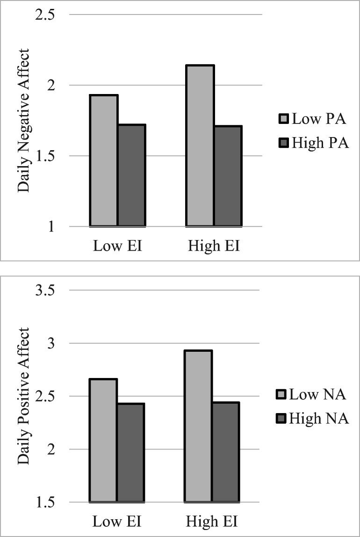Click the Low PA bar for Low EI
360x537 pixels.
[x=104, y=160]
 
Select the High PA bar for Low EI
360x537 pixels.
[x=131, y=175]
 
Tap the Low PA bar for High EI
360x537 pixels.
[x=200, y=146]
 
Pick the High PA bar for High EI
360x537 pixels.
[x=228, y=176]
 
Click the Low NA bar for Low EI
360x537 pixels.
[x=103, y=440]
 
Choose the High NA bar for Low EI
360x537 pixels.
[x=130, y=452]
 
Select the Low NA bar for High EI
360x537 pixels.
[x=199, y=426]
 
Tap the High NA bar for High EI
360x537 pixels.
[x=226, y=452]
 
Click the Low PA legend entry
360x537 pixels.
[x=312, y=119]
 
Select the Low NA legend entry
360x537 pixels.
[x=312, y=395]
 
